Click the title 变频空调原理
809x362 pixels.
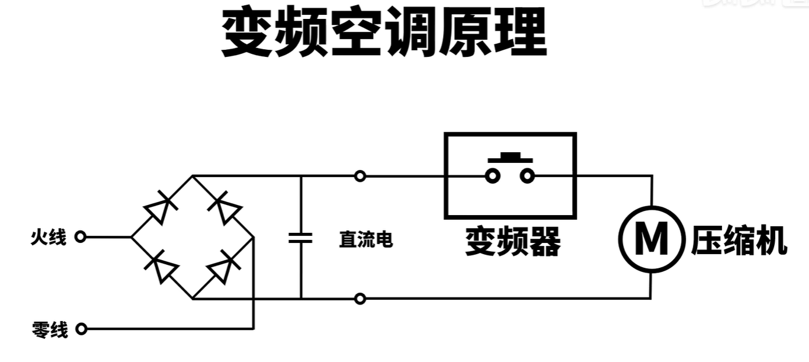pos(384,33)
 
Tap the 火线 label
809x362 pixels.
pos(49,238)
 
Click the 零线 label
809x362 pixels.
pos(50,329)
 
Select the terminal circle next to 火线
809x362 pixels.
pos(81,237)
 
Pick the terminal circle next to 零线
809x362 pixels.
pos(81,329)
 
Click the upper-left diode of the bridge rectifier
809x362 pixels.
pos(160,207)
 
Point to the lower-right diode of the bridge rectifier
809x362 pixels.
pos(225,268)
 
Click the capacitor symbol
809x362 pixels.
pos(300,238)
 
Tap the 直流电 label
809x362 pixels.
pos(365,239)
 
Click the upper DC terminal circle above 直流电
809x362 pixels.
pos(360,176)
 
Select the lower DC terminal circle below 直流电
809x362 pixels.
pos(360,299)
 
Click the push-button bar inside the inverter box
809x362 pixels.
pos(509,158)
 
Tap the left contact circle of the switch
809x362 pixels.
pos(492,176)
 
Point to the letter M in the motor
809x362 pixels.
pos(651,239)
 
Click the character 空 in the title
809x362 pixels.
pos(355,33)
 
